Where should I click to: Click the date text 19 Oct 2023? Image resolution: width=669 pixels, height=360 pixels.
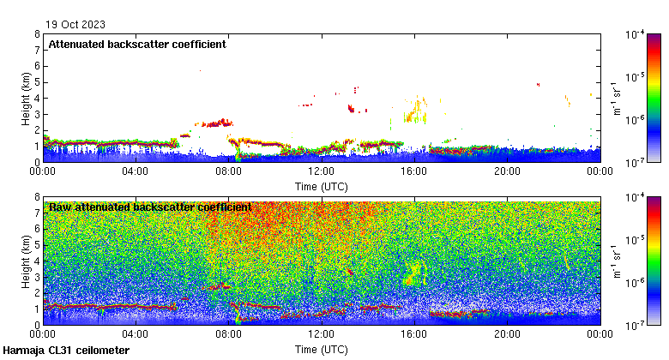[x=70, y=24]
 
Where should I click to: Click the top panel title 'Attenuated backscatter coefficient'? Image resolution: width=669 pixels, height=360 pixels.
[x=137, y=45]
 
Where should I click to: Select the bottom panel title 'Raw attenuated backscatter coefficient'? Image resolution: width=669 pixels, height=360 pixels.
[x=150, y=207]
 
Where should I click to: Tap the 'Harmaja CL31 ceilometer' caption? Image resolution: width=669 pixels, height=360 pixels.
[x=66, y=351]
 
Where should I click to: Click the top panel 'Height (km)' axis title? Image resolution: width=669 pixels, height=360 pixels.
[x=27, y=98]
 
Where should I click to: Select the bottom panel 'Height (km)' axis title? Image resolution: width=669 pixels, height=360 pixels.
[x=27, y=261]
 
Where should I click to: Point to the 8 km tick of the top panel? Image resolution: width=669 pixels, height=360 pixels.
[x=37, y=34]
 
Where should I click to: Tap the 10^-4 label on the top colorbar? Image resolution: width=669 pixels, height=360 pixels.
[x=636, y=34]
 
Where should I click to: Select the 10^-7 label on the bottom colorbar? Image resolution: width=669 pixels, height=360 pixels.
[x=636, y=327]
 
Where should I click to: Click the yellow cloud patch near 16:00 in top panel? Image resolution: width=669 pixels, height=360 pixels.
[x=417, y=110]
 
